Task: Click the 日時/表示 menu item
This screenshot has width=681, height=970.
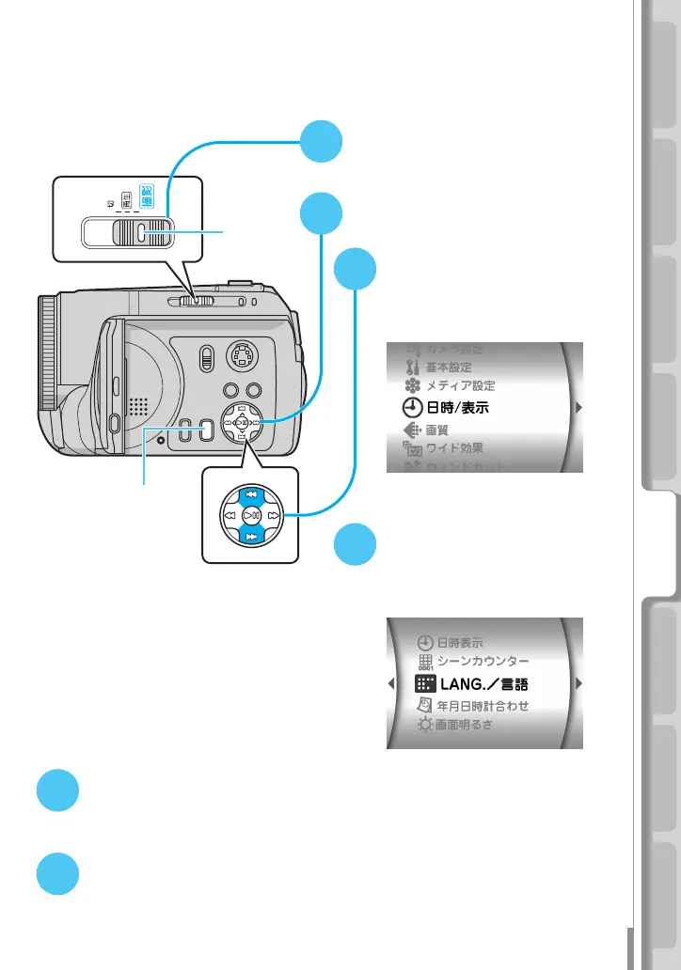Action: click(x=462, y=409)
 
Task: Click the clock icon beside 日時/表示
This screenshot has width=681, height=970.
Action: click(x=411, y=409)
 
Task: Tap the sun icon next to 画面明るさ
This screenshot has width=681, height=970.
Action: click(x=425, y=725)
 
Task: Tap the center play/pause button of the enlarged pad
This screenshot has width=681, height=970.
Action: click(x=250, y=515)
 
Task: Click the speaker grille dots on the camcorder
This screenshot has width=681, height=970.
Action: click(x=139, y=406)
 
